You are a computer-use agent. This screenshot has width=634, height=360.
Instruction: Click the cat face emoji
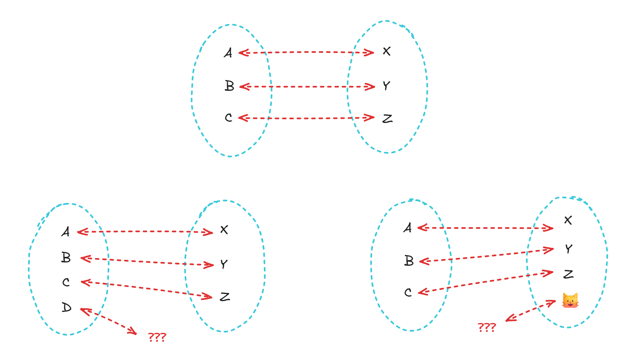click(x=570, y=301)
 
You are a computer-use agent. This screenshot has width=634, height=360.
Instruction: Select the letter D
click(x=66, y=308)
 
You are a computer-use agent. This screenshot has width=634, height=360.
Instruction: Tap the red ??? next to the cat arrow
click(x=487, y=327)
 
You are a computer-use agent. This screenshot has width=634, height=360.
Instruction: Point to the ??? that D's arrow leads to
click(x=157, y=337)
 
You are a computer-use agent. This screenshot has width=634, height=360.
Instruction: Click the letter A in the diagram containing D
click(x=66, y=232)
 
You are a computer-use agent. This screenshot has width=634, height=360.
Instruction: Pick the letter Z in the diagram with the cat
click(x=568, y=274)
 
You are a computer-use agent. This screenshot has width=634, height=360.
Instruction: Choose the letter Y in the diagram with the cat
click(x=568, y=249)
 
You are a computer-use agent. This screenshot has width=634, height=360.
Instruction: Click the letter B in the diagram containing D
click(x=66, y=258)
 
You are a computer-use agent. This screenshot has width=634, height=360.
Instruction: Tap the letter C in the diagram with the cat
click(x=408, y=292)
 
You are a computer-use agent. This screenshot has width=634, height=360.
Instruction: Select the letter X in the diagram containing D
click(x=224, y=230)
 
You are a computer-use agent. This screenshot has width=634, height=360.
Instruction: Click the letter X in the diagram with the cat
click(x=568, y=220)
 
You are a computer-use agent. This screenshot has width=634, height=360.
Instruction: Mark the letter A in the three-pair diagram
click(x=228, y=53)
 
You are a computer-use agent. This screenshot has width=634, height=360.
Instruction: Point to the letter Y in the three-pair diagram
click(x=386, y=86)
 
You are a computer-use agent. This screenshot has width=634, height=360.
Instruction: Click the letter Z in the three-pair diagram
click(x=387, y=118)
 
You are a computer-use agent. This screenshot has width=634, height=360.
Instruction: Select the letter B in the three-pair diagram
click(x=229, y=86)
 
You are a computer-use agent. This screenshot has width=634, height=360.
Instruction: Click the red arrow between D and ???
click(x=108, y=321)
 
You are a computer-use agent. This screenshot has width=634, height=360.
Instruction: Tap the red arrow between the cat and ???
click(x=531, y=311)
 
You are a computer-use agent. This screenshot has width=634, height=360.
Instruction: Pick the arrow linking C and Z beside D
click(x=146, y=289)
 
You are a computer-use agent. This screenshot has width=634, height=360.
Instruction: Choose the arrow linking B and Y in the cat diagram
click(x=486, y=255)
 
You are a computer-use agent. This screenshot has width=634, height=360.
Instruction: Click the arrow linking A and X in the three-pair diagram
click(x=306, y=52)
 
